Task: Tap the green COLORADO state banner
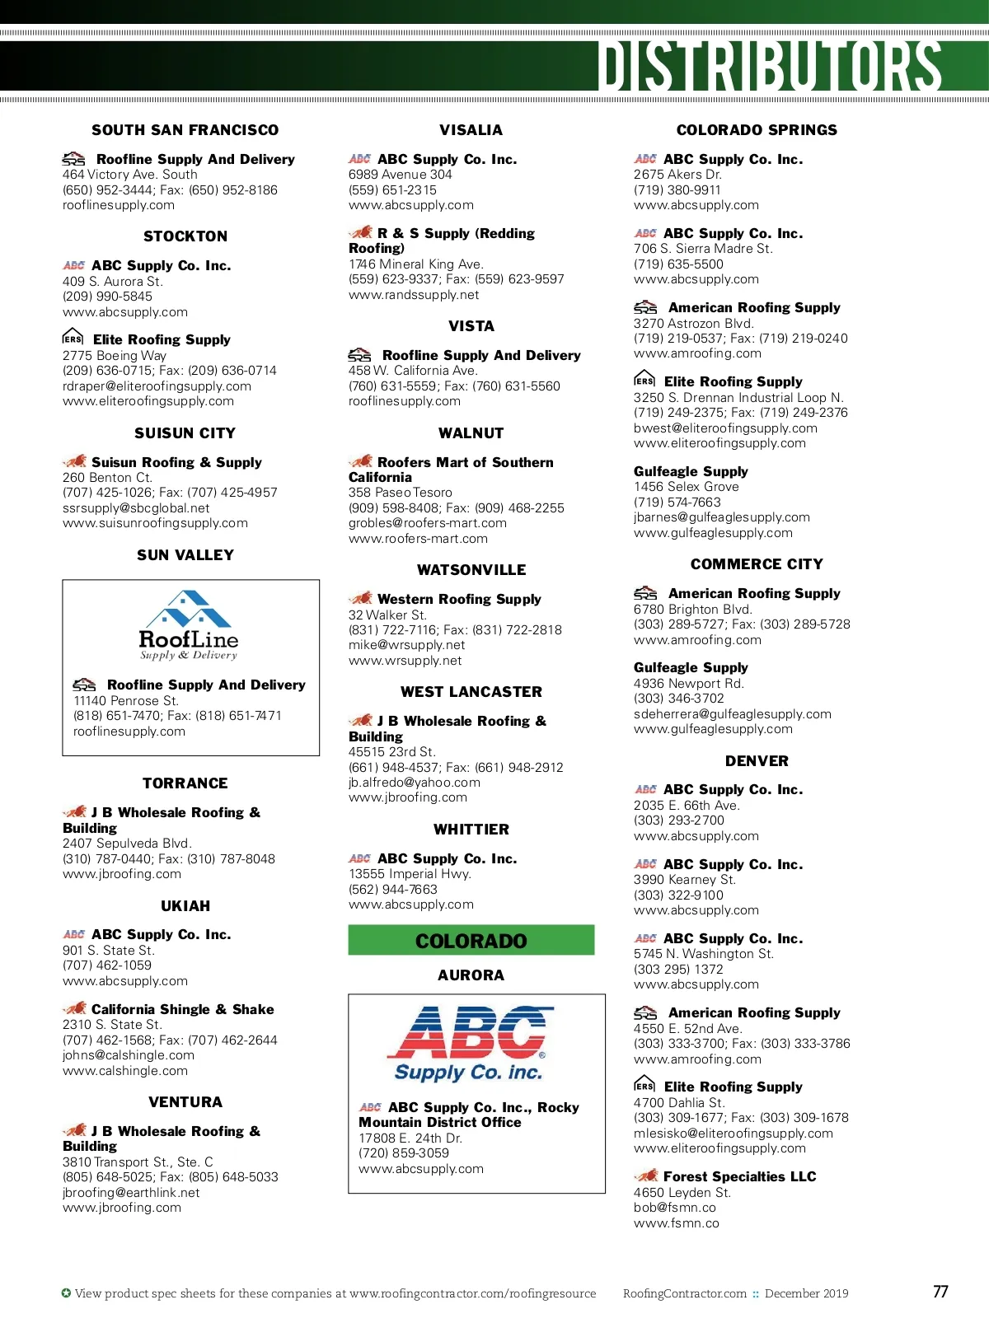[x=471, y=941]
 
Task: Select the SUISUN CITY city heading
[x=185, y=433]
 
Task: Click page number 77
[x=940, y=1292]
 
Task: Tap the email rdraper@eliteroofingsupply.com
[x=157, y=386]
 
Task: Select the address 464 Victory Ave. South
[x=130, y=175]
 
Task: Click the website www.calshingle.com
[x=125, y=1071]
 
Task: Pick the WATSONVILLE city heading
[x=471, y=570]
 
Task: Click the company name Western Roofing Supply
[x=459, y=600]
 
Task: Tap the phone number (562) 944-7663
[x=393, y=890]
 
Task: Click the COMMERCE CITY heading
[x=757, y=564]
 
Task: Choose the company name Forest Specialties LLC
[x=739, y=1177]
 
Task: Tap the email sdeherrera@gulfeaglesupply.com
[x=733, y=714]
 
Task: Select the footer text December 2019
[x=806, y=1293]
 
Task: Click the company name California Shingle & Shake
[x=182, y=1010]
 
